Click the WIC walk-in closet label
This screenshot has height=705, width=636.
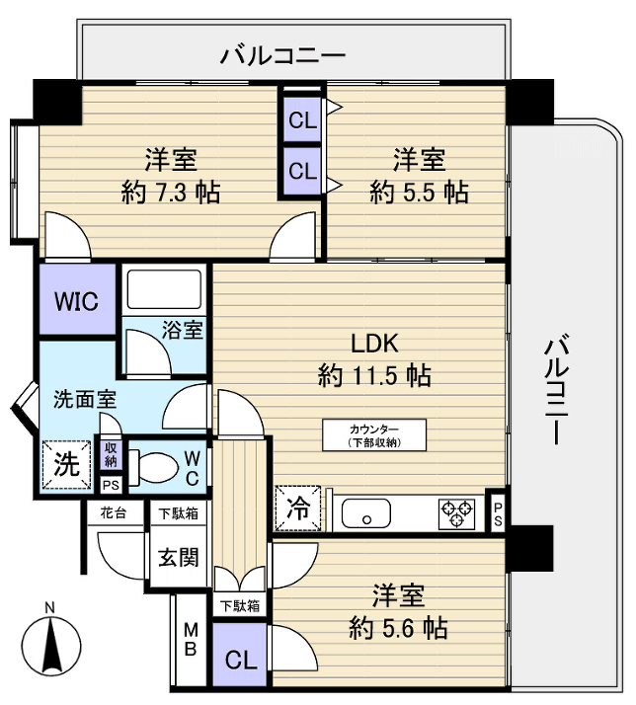(77, 301)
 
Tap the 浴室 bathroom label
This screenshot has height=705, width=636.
(183, 330)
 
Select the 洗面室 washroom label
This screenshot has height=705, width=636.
(85, 400)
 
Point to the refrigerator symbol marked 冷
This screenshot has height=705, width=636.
(298, 509)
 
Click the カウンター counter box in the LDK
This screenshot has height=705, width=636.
(373, 434)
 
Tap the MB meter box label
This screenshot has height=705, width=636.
(191, 639)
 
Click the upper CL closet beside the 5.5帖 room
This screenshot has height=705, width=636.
(302, 121)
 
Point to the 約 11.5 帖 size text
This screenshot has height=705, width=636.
(373, 375)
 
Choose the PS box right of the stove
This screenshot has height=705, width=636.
(498, 512)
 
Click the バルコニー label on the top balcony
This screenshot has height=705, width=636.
(282, 54)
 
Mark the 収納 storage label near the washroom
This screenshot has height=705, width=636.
(112, 454)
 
